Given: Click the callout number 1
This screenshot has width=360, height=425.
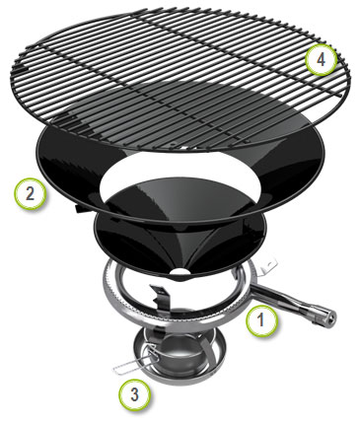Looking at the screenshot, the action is point(262,320).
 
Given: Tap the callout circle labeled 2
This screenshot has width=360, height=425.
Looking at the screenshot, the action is point(30,194).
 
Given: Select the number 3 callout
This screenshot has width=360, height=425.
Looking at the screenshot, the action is point(134,394).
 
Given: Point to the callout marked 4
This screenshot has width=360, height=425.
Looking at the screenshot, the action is point(321,60).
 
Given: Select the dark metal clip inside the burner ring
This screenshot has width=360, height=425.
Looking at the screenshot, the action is point(162,296).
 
